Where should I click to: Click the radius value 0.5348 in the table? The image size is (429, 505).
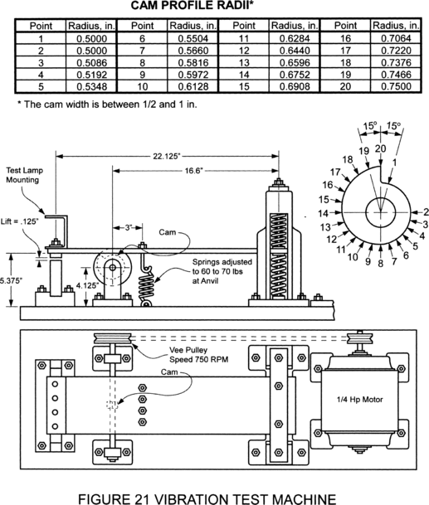click(x=91, y=86)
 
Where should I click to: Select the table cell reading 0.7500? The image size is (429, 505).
click(x=396, y=86)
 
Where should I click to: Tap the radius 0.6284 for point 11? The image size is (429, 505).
click(x=295, y=38)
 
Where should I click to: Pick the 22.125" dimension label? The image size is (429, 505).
click(x=166, y=156)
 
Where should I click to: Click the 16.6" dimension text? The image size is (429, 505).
click(x=193, y=170)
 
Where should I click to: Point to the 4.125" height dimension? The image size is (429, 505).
click(x=87, y=285)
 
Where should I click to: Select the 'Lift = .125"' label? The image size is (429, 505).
click(x=19, y=221)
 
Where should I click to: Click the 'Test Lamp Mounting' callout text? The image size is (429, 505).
click(x=25, y=175)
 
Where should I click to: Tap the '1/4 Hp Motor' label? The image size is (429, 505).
click(x=359, y=400)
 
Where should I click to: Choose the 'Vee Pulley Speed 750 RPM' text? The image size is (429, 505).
click(x=199, y=355)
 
